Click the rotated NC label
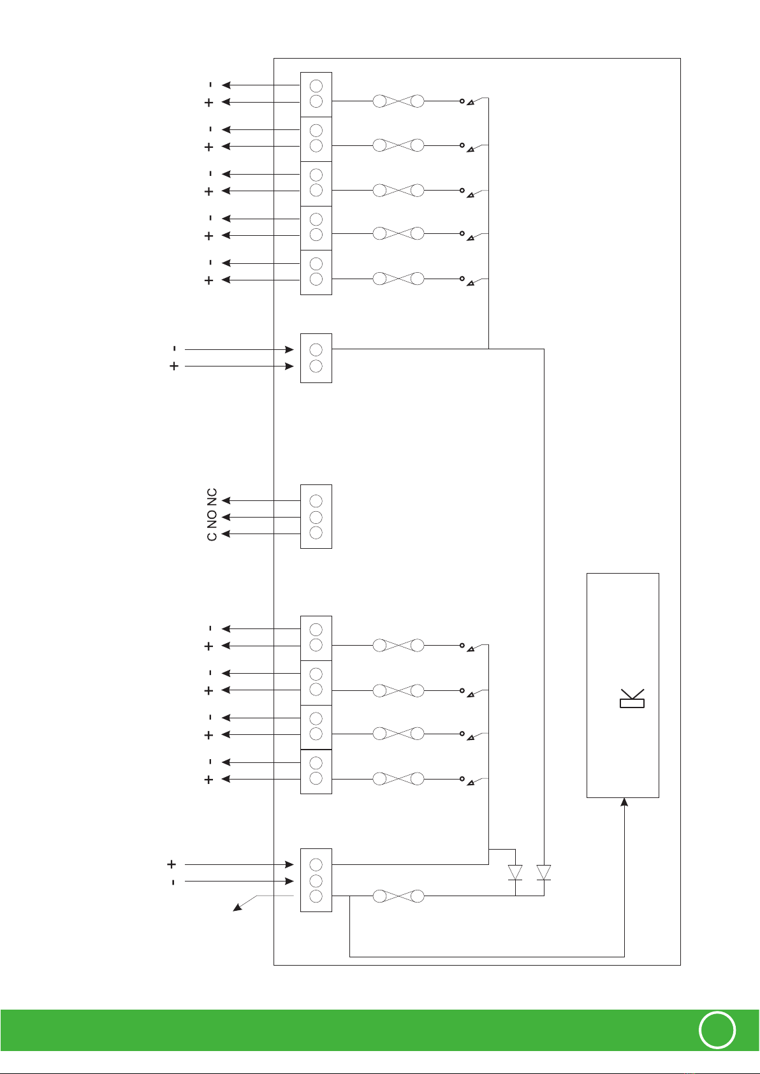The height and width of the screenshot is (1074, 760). point(212,497)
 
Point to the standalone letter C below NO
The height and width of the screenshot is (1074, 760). point(212,536)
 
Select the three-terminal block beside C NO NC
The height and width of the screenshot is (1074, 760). point(316,517)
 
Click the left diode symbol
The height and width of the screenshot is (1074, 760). point(515,872)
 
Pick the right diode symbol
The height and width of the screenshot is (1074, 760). point(544,872)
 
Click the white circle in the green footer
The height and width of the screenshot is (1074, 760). point(717,1029)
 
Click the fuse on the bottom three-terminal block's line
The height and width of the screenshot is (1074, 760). point(398,896)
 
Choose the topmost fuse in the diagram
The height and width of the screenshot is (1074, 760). point(398,101)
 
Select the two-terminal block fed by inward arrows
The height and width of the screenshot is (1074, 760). point(316,358)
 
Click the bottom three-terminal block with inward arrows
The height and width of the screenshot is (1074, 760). point(316,880)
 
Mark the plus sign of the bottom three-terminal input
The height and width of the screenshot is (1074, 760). point(172,864)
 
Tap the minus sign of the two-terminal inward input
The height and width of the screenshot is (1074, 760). point(174,349)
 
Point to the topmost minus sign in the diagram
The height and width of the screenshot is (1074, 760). point(210,85)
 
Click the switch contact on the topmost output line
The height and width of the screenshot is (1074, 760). point(472,101)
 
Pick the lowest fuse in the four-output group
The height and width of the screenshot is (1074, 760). point(398,779)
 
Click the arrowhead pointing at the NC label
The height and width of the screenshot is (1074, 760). point(226,501)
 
